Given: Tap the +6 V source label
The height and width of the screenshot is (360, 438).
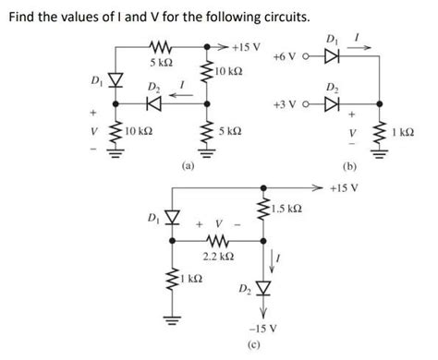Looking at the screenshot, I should click(287, 57).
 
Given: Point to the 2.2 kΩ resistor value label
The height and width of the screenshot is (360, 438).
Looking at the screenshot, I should click(214, 262).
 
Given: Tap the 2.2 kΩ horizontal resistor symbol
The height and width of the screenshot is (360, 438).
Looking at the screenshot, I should click(214, 244).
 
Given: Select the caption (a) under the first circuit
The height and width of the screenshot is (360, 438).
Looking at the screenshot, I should click(189, 168).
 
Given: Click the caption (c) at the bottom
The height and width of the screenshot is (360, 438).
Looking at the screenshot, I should click(269, 345).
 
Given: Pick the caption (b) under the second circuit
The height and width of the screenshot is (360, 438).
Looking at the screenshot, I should click(349, 168).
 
